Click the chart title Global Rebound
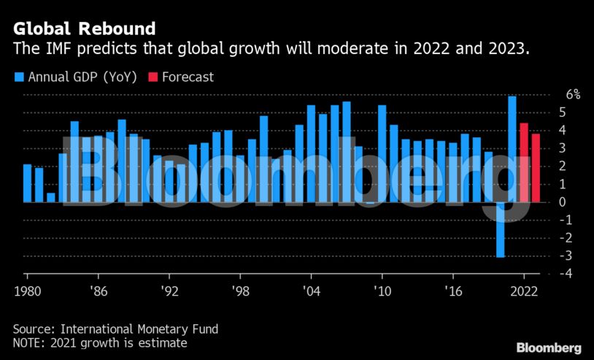84,28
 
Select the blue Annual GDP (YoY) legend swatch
18,77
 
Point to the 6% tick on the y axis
574,94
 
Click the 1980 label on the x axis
26,290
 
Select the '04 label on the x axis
311,290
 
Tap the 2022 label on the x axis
524,290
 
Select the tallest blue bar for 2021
512,149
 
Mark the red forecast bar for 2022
524,162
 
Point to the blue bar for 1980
27,183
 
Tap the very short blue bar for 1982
50,197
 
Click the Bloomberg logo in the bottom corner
549,348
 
